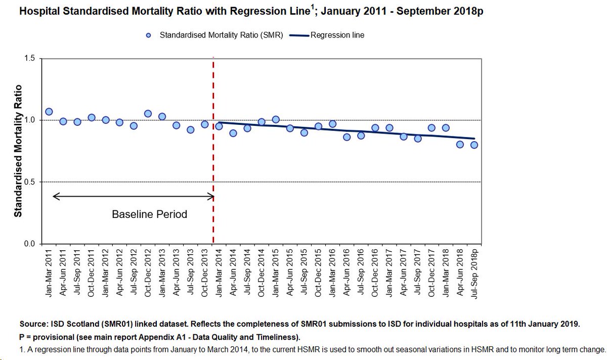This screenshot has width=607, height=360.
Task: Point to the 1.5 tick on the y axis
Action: pos(29,59)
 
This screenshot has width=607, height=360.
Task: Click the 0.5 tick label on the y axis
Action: pos(29,182)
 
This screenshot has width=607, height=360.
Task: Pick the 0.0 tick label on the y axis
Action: pos(29,244)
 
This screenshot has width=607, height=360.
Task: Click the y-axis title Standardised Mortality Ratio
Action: pos(18,151)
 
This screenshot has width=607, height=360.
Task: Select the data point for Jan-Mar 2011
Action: pos(49,112)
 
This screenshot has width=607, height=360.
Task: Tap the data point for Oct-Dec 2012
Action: pos(148,114)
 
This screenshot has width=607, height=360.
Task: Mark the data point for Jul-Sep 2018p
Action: pos(474,145)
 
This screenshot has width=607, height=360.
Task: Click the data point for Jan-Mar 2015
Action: pos(276,120)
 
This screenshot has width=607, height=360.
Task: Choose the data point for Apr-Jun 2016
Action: pos(346,137)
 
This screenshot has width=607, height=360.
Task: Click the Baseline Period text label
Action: pos(149,214)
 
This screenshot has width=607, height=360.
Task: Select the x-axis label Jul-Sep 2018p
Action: pos(474,275)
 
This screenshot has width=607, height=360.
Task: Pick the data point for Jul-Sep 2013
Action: pos(191,130)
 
